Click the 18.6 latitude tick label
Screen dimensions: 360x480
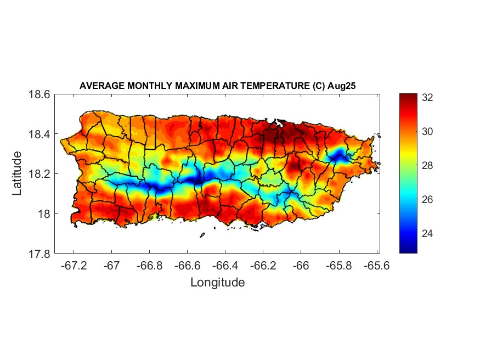pos(39,94)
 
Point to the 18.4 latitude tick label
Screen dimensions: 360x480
pos(39,134)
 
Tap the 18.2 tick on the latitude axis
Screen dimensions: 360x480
pos(39,174)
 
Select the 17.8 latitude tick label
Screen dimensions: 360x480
pos(39,254)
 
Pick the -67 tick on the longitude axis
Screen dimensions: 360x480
pos(112,265)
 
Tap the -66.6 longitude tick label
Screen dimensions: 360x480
pos(188,265)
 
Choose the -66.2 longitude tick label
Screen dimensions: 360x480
pos(263,265)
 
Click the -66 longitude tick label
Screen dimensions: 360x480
pos(301,265)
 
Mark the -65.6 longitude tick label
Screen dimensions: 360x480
pos(377,265)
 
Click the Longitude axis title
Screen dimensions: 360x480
pos(217,283)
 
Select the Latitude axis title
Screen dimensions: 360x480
pos(18,173)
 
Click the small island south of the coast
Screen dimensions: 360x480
pos(202,235)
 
